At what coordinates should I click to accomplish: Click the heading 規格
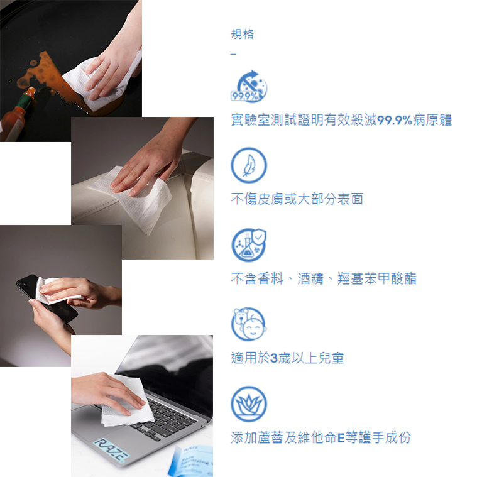click(242, 34)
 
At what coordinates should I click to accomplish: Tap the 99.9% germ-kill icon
click(249, 86)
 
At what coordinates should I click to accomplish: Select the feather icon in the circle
click(249, 165)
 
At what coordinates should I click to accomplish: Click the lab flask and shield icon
click(249, 245)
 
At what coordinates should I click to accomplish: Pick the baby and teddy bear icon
click(249, 324)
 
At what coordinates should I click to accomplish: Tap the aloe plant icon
click(249, 404)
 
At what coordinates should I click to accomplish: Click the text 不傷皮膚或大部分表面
click(297, 199)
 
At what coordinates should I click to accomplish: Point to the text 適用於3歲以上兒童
click(287, 358)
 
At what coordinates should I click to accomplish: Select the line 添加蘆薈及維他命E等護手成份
click(321, 437)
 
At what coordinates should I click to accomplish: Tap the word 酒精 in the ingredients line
click(310, 278)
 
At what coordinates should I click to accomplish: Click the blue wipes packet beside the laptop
click(191, 461)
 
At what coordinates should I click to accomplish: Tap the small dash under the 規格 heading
click(233, 55)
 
